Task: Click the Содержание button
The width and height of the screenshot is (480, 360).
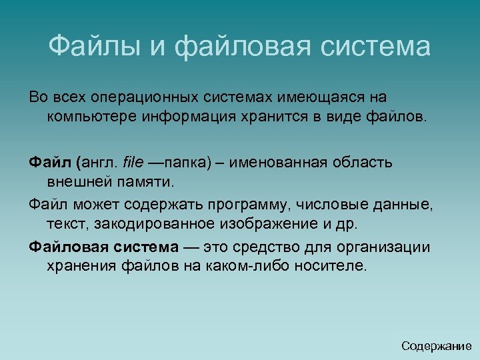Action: coord(436,346)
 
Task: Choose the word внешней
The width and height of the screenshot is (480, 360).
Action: coord(76,181)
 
